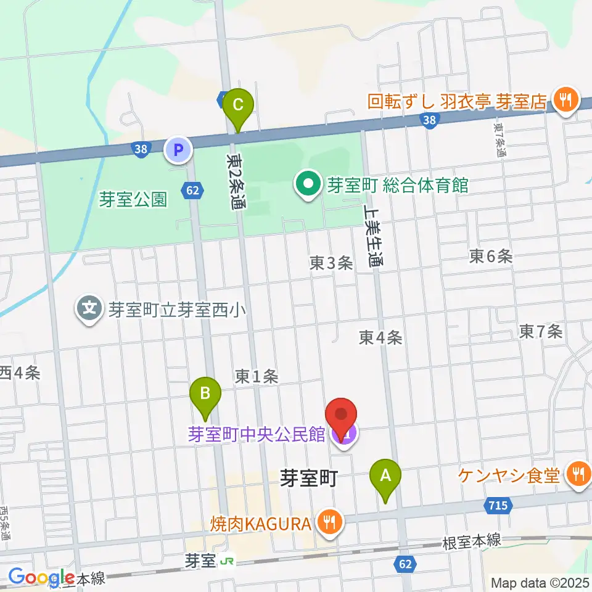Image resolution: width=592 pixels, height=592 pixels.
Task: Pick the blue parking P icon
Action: [178, 149]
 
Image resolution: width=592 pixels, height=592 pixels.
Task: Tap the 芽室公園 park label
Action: [133, 199]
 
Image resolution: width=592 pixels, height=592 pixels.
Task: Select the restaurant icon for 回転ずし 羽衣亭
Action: [563, 99]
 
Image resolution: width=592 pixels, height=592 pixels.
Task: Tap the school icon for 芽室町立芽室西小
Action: [91, 308]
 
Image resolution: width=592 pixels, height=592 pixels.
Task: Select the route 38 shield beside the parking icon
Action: [141, 149]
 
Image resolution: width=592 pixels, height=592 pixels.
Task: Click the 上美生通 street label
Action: [374, 235]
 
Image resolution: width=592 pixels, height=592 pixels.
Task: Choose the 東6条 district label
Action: [490, 257]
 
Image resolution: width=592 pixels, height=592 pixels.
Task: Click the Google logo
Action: [41, 577]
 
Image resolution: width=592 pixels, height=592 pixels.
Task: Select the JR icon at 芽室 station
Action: [228, 561]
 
